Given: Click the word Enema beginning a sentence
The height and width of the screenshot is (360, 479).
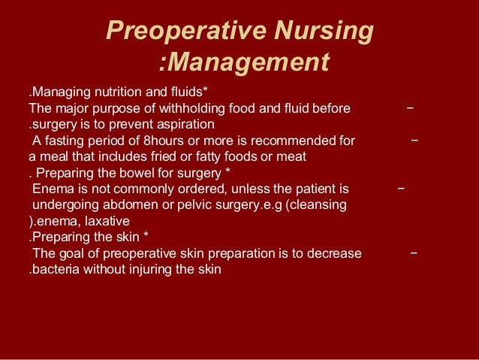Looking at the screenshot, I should point(52,189).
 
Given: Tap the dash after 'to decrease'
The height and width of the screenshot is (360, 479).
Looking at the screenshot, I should point(414,253).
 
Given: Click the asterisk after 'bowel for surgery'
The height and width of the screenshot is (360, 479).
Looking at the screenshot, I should point(227,172).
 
